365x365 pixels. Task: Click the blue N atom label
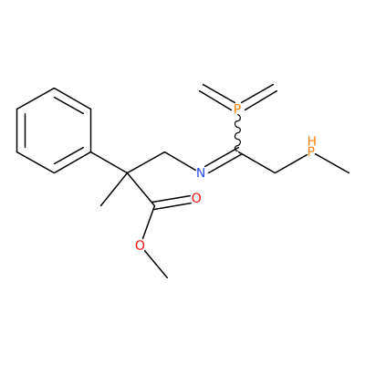[201, 172]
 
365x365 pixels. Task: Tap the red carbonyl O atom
[196, 198]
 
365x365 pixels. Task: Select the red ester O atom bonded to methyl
[140, 245]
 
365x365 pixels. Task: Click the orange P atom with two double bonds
[237, 108]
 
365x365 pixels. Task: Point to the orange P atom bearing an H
[311, 151]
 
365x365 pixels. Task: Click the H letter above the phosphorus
[312, 141]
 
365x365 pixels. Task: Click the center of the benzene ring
[54, 130]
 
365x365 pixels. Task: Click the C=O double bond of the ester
[172, 203]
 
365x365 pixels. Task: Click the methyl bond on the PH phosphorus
[332, 163]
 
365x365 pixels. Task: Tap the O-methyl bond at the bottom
[156, 264]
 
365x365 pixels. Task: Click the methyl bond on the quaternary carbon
[114, 190]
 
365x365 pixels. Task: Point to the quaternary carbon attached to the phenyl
[128, 173]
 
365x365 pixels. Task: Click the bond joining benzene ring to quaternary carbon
[109, 162]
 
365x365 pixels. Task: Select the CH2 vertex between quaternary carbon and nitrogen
[164, 152]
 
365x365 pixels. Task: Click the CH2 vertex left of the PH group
[275, 172]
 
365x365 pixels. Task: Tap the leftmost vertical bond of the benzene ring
[16, 130]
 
